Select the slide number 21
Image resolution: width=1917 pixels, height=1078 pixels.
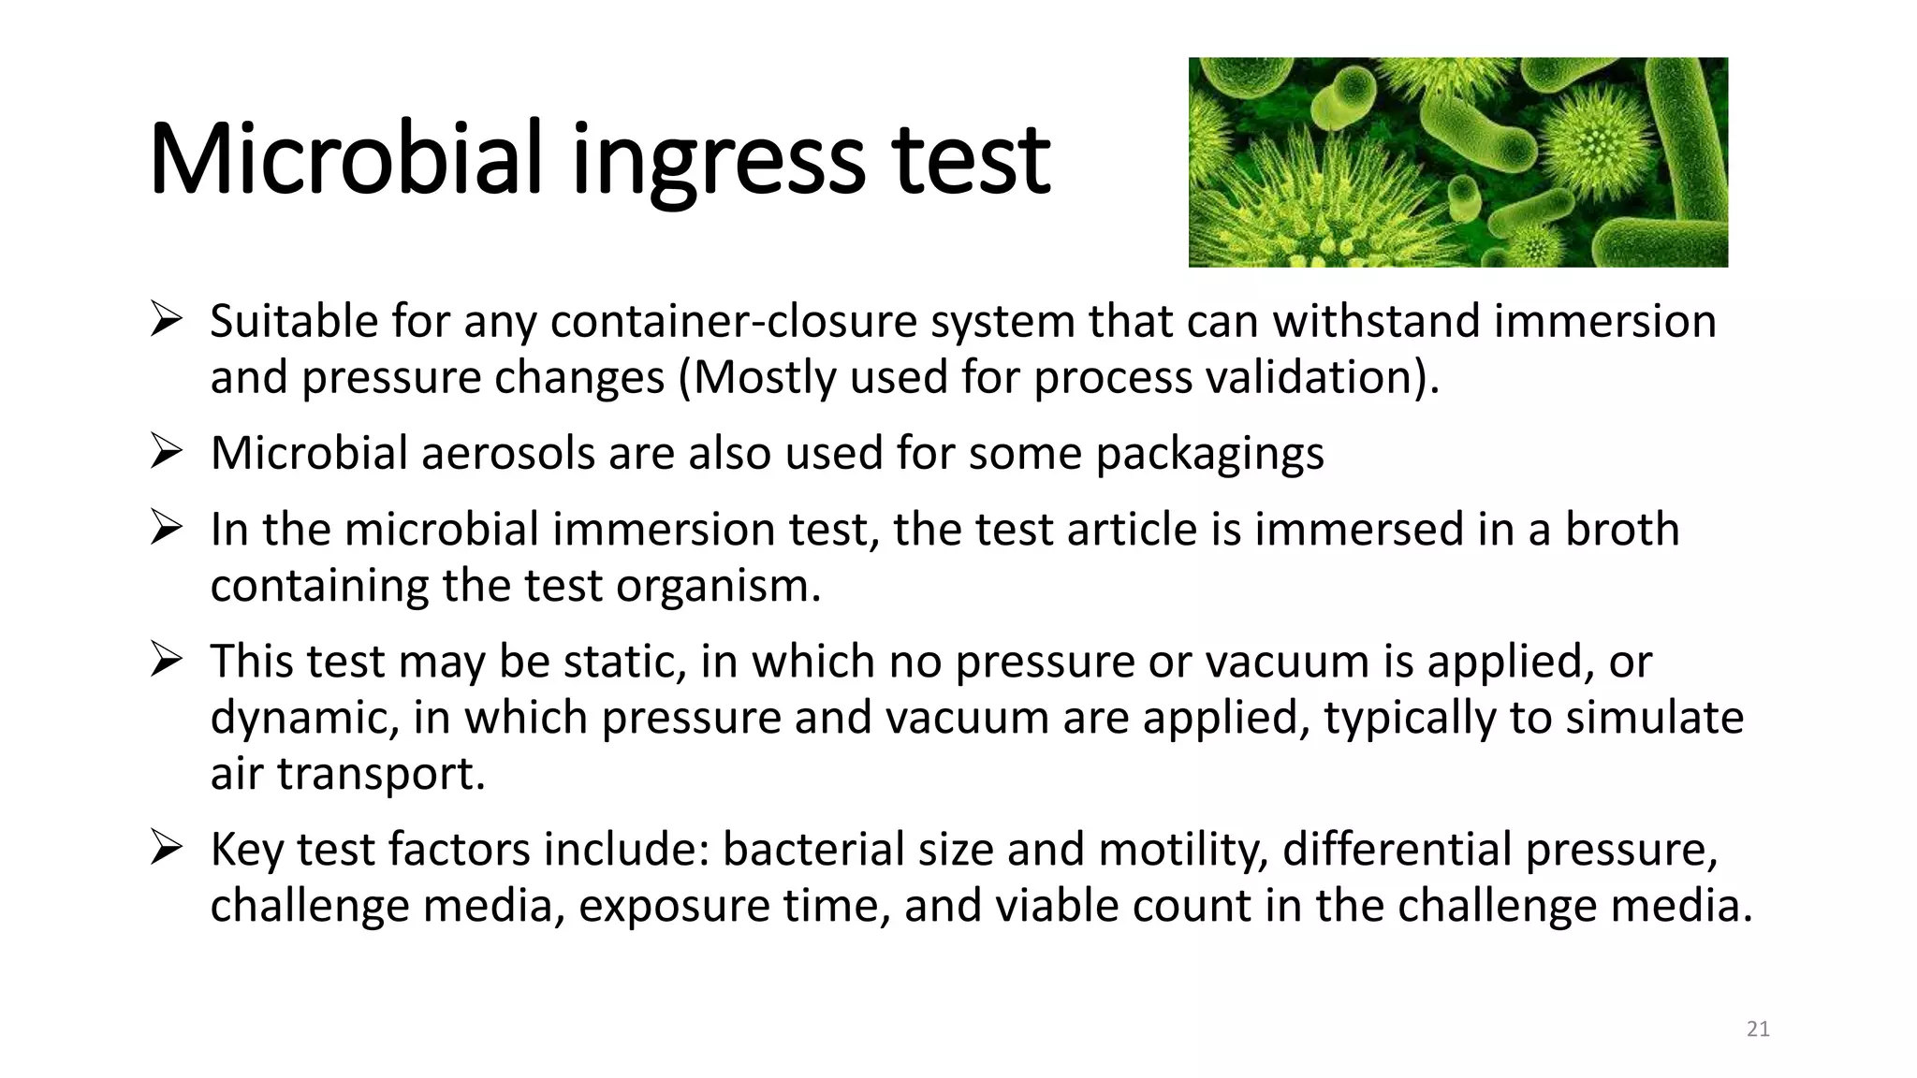point(1758,1029)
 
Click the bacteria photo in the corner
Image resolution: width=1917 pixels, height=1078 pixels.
point(1457,162)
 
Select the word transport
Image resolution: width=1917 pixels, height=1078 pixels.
point(381,775)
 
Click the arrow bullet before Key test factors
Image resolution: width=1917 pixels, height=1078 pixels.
point(166,849)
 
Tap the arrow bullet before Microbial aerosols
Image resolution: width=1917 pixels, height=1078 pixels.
point(166,453)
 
